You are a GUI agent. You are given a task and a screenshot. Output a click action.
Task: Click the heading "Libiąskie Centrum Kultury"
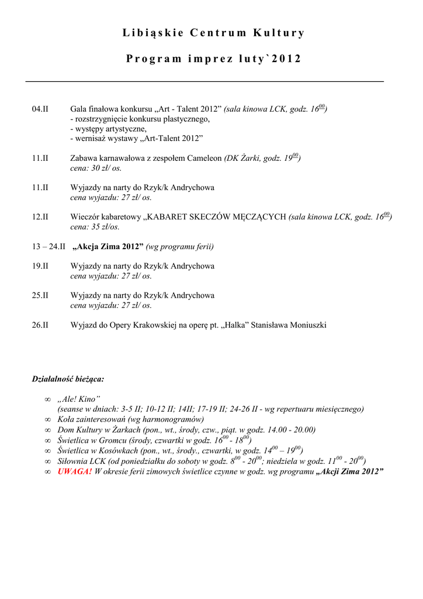tap(213, 33)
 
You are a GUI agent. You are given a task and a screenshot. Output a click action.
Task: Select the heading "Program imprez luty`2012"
tap(213, 59)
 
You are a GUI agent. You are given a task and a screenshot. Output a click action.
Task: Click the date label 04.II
tap(40, 109)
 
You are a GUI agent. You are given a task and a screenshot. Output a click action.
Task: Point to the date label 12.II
tap(40, 217)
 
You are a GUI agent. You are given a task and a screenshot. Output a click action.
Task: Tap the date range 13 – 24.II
tap(48, 247)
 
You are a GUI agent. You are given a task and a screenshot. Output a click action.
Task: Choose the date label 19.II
tap(40, 266)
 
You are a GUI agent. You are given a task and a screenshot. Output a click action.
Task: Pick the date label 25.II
tap(40, 295)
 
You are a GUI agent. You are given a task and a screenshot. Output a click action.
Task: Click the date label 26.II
tap(40, 325)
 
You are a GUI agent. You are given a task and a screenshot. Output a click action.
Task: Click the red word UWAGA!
tap(75, 471)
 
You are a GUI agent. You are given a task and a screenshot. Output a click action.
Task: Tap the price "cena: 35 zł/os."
tap(95, 227)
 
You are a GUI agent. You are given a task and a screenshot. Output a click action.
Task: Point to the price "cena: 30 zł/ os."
tap(96, 168)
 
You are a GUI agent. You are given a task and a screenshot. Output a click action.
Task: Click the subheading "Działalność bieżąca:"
tap(68, 379)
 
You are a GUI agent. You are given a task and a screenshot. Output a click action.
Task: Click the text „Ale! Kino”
tap(79, 398)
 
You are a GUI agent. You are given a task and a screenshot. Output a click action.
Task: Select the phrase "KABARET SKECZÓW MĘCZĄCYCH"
tap(216, 217)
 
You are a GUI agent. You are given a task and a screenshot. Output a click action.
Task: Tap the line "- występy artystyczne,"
tap(109, 129)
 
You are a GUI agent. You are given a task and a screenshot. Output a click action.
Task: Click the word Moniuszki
tap(307, 325)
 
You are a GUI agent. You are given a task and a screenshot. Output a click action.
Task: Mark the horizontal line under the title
tap(204, 81)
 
